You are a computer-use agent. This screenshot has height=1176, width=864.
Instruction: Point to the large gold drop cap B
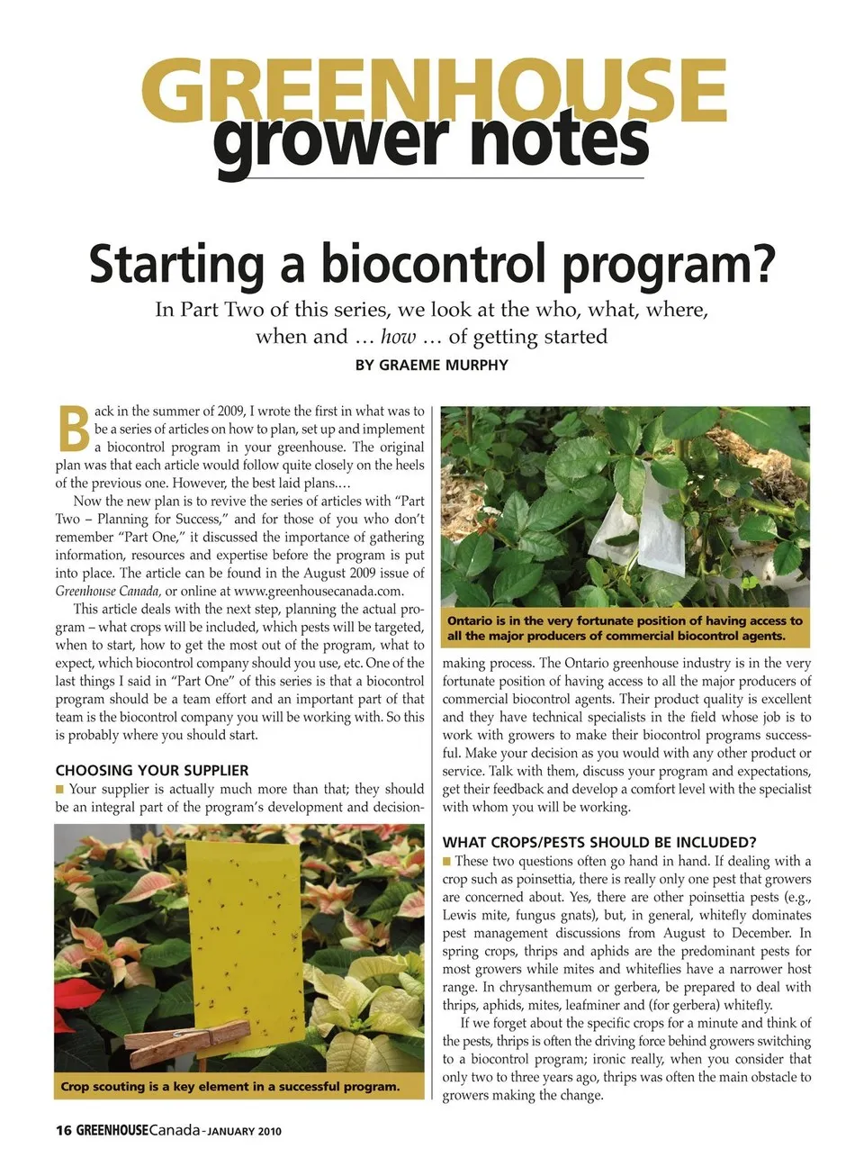coord(74,430)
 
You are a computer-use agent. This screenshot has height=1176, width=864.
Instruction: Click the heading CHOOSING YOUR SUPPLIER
coord(152,771)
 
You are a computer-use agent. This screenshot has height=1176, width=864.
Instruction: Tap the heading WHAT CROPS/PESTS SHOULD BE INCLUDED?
coord(599,843)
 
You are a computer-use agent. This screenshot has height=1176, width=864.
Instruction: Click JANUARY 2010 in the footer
coord(245,1132)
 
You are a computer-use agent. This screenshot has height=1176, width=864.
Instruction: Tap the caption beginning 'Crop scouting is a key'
coord(230,1087)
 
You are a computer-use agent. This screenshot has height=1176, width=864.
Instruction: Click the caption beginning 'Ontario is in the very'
coord(625,629)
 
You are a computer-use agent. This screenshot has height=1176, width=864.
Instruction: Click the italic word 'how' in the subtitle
coord(398,337)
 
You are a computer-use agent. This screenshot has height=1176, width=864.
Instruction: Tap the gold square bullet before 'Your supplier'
coord(60,790)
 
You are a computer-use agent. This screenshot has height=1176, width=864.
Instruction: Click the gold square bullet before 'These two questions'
coord(447,862)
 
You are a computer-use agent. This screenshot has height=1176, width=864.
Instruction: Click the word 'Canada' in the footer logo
coord(174,1131)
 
